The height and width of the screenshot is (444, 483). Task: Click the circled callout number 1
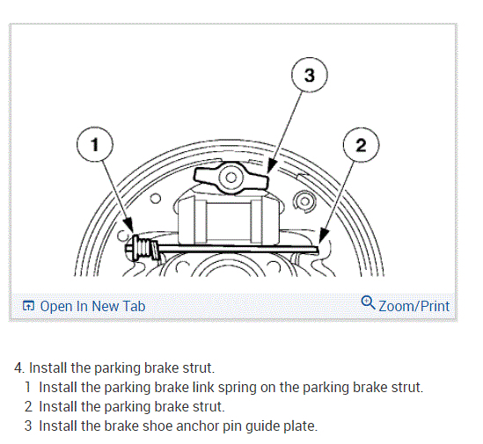[95, 144]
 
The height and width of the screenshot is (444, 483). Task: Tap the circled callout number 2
[361, 145]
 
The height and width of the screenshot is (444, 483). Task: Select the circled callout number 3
[310, 75]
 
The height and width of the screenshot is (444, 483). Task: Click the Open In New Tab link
[92, 306]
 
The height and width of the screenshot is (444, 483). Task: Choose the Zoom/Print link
[413, 306]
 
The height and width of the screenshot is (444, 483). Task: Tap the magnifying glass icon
[368, 302]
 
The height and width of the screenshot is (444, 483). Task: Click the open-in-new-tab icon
[28, 306]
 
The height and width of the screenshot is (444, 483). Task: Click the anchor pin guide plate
[231, 178]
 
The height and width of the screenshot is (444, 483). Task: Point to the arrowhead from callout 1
[129, 224]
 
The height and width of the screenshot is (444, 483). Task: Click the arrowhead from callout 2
[323, 236]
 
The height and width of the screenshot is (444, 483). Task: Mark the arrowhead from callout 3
[271, 165]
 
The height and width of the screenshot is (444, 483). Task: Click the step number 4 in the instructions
[19, 368]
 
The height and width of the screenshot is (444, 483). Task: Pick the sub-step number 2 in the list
[28, 407]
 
